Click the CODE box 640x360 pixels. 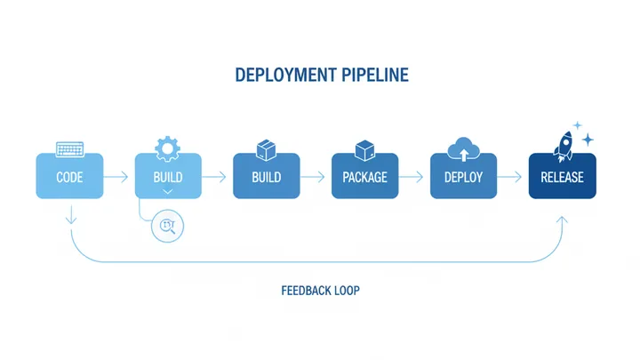coord(69,176)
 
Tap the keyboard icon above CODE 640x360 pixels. coord(69,148)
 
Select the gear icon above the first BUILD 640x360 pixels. coord(167,147)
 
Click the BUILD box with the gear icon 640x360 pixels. coord(168,176)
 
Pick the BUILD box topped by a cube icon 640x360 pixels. coord(267,176)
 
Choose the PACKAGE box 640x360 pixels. coord(364,176)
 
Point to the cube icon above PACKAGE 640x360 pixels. coord(364,148)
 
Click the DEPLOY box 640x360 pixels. coord(463,176)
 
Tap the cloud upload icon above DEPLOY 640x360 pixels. coord(463,147)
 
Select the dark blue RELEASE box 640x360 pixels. coord(562,176)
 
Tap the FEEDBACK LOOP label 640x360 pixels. coord(320,291)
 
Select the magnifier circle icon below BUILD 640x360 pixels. coord(167,226)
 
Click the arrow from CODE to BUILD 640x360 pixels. coord(118,177)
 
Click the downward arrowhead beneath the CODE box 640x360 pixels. coord(70,218)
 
